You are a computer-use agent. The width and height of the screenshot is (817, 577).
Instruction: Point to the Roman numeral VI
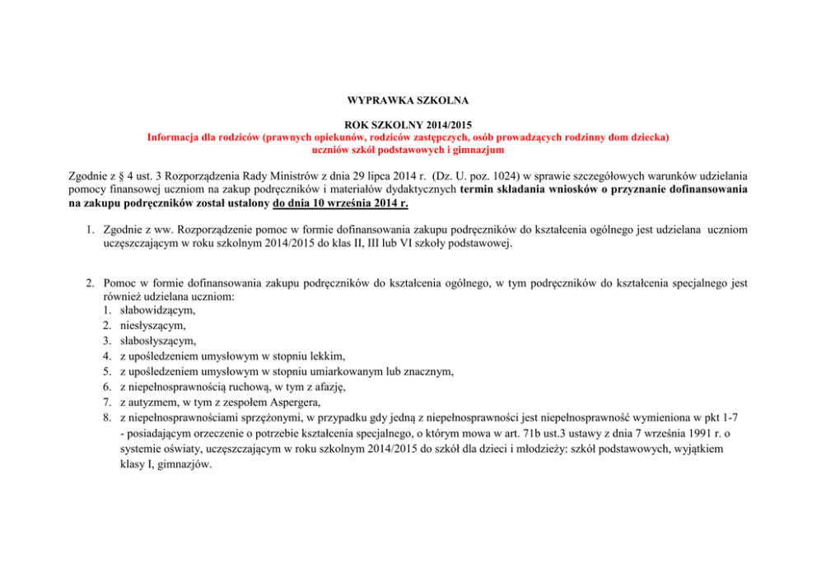coord(434,244)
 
